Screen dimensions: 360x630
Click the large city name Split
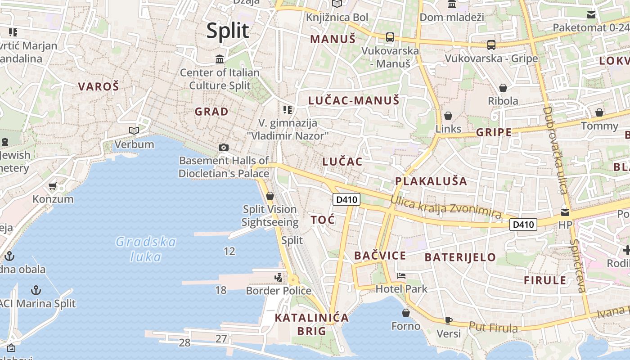tap(228, 31)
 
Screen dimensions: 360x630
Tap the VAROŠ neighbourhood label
tap(99, 86)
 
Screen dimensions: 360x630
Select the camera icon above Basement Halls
tap(223, 147)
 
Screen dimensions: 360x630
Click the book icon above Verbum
tap(134, 130)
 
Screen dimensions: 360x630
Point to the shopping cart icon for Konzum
tap(53, 186)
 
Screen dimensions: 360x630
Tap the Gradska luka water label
tap(146, 249)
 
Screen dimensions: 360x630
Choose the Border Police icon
tap(279, 277)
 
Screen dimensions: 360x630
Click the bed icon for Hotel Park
tap(401, 275)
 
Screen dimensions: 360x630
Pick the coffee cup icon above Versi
tap(448, 320)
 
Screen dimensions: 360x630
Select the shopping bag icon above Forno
tap(406, 312)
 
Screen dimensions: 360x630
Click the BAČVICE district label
tap(380, 256)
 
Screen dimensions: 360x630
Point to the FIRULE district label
tap(545, 280)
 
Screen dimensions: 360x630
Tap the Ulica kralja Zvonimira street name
tap(445, 207)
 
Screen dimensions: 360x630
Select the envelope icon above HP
tap(565, 212)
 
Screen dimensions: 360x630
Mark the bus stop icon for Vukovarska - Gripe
tap(491, 45)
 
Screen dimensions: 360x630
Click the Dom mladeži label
tap(452, 17)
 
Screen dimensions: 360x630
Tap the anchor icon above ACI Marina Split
tap(36, 290)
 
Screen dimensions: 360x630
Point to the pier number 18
tap(220, 290)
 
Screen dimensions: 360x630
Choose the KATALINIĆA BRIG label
tap(311, 324)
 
